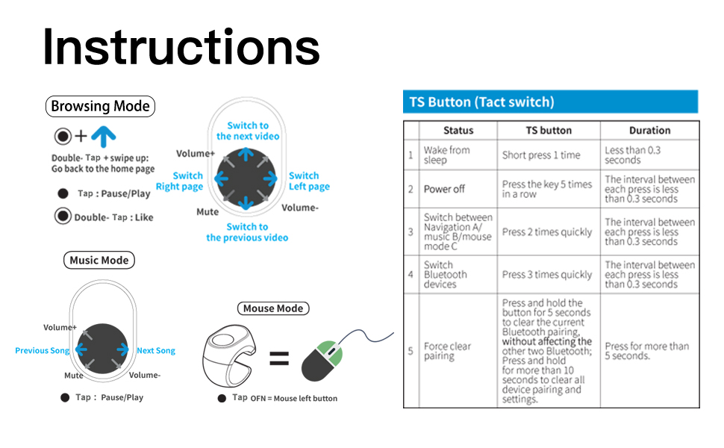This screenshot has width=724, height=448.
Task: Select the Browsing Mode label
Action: point(100,106)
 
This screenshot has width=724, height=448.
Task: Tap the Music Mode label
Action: point(99,261)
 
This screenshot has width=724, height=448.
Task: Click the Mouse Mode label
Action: point(273,308)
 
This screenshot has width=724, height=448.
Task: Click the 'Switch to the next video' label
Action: point(248,131)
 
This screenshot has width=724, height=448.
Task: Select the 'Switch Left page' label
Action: point(308,181)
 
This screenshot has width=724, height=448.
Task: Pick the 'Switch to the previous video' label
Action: point(247,232)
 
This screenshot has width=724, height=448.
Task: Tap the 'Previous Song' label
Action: point(43,350)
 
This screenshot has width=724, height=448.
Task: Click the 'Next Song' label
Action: point(156,350)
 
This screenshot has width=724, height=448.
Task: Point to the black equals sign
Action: point(278,360)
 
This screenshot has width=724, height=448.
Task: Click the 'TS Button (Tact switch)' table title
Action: point(481,102)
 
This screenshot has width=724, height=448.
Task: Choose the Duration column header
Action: point(649,130)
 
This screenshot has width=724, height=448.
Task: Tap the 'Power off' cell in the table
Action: point(444,189)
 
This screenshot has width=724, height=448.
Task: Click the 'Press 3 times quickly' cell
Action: point(547,275)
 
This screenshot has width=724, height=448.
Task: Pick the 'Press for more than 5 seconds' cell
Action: point(646,351)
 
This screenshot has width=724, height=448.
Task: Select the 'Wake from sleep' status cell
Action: point(446,155)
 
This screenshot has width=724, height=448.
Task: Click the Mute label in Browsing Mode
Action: point(207,212)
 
